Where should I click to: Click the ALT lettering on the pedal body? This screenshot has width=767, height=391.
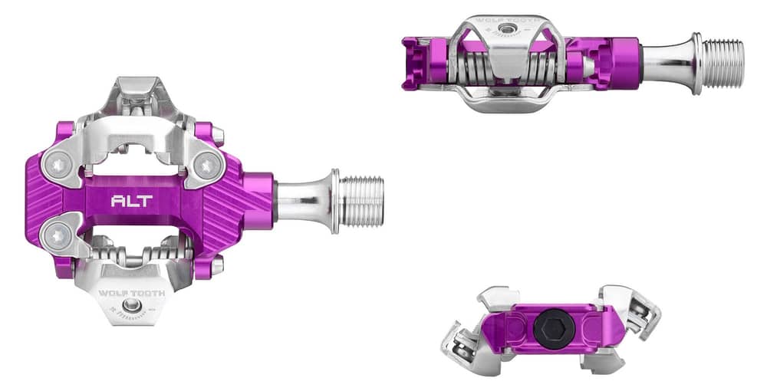132,202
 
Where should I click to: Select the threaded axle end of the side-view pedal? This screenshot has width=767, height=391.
723,64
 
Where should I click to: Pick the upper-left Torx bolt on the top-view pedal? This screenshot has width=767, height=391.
59,163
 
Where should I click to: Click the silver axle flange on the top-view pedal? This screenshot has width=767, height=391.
335,201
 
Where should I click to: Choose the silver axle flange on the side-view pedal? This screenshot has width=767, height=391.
696,63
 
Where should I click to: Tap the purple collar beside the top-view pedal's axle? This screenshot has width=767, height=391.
261,201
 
